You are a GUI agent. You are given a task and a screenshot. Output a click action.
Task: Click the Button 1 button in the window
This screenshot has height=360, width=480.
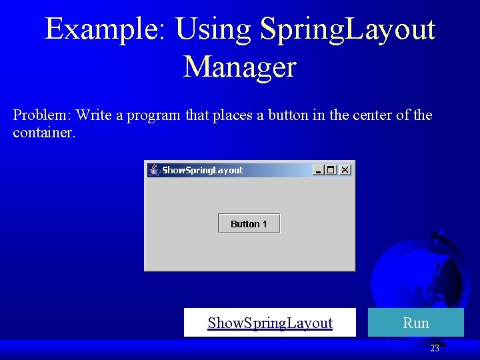249,224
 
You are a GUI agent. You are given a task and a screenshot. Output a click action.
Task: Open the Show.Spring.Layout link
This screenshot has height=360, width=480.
270,323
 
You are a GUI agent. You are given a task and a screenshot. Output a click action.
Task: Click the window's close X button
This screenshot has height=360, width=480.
345,170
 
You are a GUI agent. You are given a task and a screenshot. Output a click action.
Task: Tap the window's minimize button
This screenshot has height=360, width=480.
318,170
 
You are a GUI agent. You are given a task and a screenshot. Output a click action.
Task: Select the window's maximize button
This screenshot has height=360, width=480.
331,170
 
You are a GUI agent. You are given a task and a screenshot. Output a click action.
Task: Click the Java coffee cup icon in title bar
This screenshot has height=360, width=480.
155,170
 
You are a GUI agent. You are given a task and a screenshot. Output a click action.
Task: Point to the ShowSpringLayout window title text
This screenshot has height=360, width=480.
203,170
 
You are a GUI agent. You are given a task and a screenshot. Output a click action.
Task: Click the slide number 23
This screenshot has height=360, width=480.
435,348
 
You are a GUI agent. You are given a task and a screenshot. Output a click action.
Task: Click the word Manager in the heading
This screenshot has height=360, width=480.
239,67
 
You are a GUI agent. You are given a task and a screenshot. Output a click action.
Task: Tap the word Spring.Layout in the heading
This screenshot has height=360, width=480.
347,29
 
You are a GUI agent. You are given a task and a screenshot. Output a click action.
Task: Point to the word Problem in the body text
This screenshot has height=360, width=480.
41,115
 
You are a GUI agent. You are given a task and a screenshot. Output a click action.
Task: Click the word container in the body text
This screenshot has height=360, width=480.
43,132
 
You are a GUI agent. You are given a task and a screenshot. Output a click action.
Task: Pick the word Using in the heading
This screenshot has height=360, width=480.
213,29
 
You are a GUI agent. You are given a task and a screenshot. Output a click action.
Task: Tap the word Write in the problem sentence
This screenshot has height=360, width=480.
93,115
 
